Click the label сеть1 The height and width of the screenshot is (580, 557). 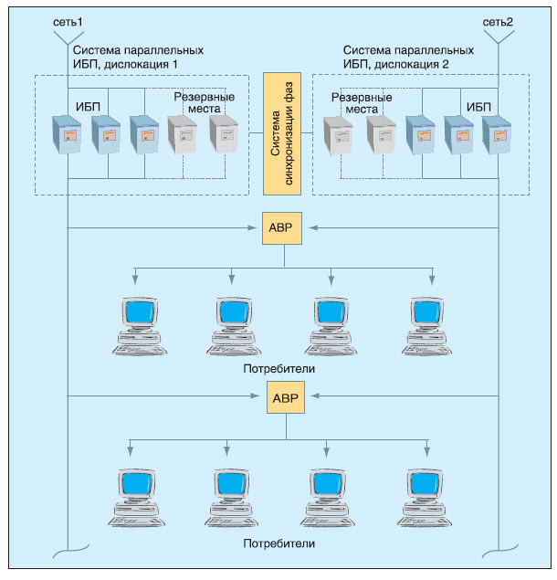tap(68, 20)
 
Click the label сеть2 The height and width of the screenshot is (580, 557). tap(498, 20)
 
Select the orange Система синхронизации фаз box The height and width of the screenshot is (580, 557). tap(281, 133)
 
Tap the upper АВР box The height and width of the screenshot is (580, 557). tap(281, 227)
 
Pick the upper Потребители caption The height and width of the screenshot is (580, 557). tap(279, 369)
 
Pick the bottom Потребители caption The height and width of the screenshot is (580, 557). tap(279, 543)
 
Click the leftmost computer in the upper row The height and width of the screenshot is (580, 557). tap(136, 324)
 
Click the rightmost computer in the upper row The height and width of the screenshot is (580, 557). tap(428, 324)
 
